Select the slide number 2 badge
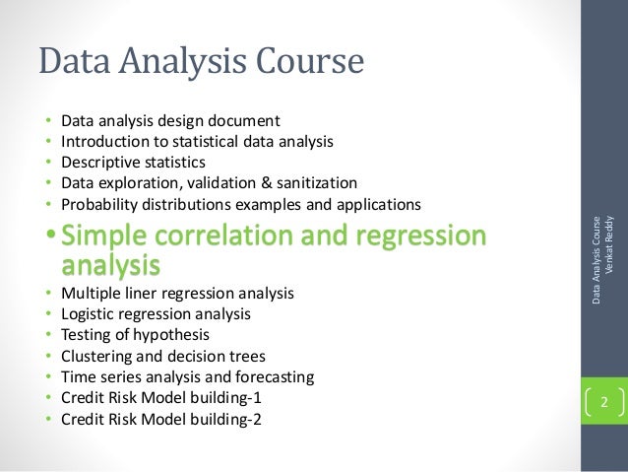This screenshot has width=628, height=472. (604, 402)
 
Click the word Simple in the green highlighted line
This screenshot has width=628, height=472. (108, 236)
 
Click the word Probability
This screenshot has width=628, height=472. (100, 205)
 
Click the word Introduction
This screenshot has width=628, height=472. (105, 142)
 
